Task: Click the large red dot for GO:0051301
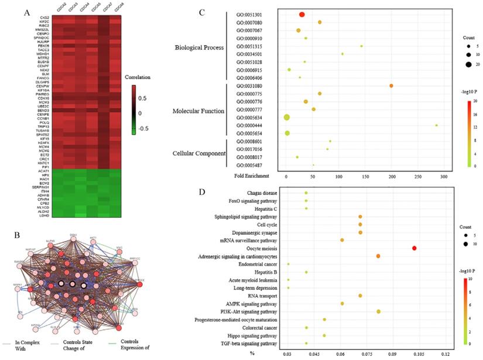click(302, 15)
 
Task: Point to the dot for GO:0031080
click(391, 86)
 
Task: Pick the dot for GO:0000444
click(436, 125)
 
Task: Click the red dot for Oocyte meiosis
click(414, 248)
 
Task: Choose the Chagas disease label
click(261, 193)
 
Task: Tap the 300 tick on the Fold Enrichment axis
click(443, 176)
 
